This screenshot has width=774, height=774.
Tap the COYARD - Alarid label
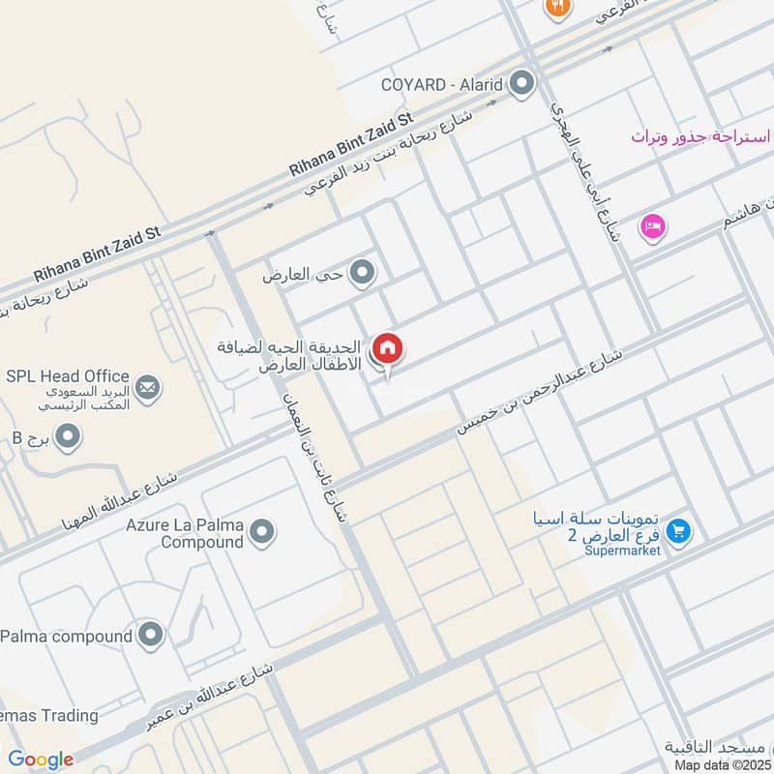coord(451,83)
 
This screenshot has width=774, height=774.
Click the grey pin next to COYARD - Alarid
coord(522,83)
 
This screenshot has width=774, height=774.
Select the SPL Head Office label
coord(67,376)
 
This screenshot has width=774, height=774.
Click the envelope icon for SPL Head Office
coord(148,389)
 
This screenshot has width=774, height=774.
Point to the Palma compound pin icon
coord(150,636)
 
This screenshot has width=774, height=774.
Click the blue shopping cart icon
coord(678,531)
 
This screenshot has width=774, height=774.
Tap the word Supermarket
coord(621,551)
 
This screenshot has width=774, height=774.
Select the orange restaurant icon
coord(557,8)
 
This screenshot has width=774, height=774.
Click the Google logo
coord(41,759)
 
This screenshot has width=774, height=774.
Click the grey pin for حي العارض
coord(362,275)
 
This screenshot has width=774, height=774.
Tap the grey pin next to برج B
coord(67,438)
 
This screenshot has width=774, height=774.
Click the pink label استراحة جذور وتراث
coord(701,136)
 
